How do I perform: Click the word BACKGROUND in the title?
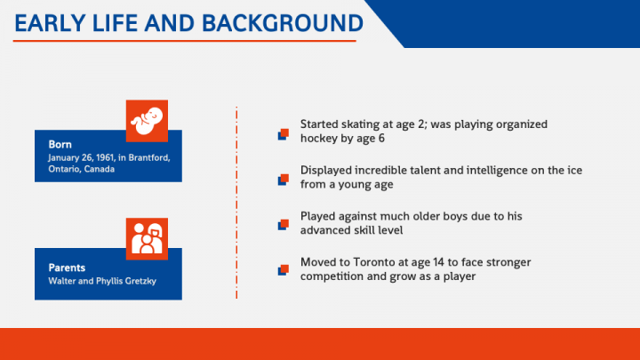(283, 23)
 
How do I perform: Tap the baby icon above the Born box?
(147, 121)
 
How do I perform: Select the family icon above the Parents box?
(147, 239)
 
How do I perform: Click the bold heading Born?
(60, 145)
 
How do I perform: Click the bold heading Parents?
(67, 268)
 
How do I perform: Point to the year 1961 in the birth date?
(105, 157)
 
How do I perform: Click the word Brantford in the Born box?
(149, 157)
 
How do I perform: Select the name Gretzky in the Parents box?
(140, 281)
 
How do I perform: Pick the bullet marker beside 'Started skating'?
(284, 134)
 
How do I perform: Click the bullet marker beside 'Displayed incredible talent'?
(284, 180)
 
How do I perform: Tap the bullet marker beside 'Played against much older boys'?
(284, 225)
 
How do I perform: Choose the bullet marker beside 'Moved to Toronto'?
(284, 270)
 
